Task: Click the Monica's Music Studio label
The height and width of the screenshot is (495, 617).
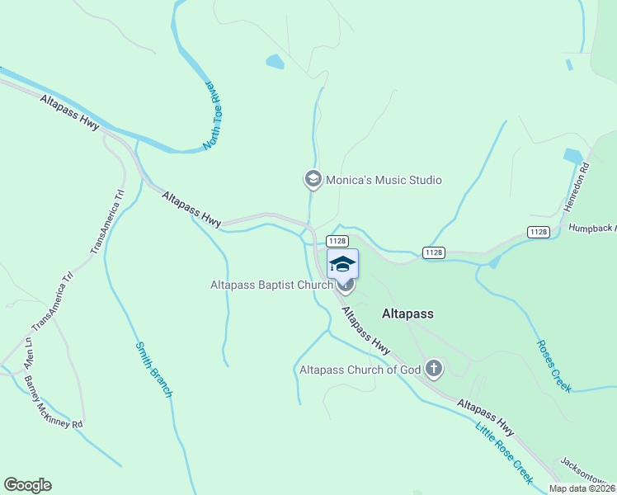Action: [384, 180]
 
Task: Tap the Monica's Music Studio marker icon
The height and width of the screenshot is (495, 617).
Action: [313, 179]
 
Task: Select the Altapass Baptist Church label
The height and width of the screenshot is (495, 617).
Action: [271, 285]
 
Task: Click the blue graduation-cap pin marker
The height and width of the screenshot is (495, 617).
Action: [343, 265]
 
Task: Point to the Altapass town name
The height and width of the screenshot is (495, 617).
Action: [407, 314]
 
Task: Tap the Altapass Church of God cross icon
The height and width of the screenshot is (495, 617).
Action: [434, 370]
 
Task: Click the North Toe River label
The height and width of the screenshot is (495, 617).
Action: [214, 115]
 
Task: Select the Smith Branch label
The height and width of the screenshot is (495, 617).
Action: [153, 358]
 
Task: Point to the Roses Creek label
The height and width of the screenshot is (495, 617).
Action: [553, 366]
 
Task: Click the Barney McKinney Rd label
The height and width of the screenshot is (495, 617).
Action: [54, 402]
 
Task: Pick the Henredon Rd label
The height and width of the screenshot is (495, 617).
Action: [579, 189]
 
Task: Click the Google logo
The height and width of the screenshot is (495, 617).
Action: [27, 485]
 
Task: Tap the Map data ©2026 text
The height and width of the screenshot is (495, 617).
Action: [582, 488]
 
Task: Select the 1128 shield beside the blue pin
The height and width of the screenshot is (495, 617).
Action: [337, 240]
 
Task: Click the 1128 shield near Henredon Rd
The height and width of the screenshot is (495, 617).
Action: [538, 232]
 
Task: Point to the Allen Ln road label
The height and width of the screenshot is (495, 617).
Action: [29, 352]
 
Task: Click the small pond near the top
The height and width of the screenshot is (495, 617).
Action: [275, 61]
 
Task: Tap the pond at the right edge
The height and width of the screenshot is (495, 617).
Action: [572, 155]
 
